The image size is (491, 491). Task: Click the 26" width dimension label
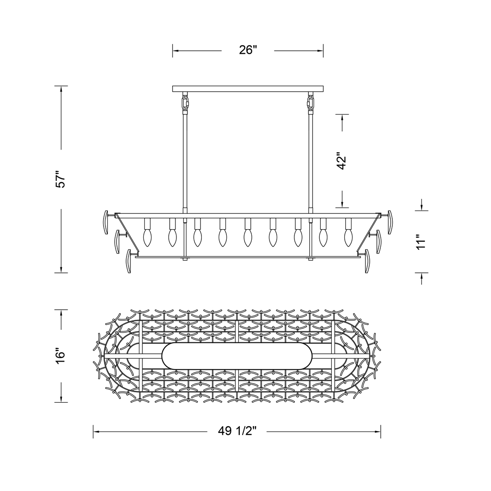click(248, 50)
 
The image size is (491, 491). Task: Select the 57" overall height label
click(60, 179)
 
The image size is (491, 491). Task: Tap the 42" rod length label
click(342, 161)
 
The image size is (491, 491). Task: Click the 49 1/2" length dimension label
click(237, 431)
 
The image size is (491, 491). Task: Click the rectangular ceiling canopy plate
click(248, 89)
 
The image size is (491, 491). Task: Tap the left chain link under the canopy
click(185, 102)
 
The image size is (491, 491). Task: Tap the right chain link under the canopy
click(311, 102)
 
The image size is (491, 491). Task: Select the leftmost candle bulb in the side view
click(147, 238)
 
